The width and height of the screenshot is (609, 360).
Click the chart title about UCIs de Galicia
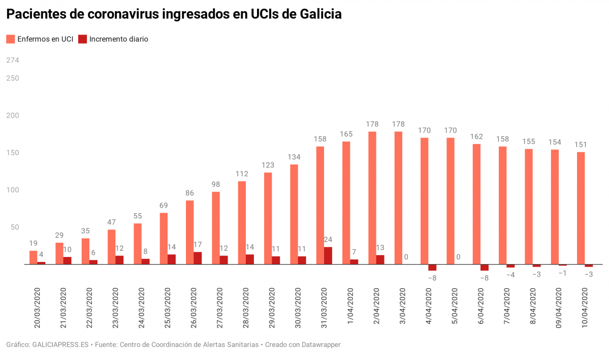coord(174,14)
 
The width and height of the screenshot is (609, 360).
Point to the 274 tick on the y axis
coord(13,60)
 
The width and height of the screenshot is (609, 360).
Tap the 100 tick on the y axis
coord(13,190)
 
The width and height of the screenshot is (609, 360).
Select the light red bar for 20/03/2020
coord(34,257)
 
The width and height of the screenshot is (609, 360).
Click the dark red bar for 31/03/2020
coord(328,255)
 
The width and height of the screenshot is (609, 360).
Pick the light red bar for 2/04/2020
coord(372,198)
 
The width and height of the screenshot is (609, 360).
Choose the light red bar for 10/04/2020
coord(581,208)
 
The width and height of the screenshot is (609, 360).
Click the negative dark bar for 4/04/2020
coord(432,268)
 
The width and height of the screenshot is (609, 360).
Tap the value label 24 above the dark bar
coord(328,240)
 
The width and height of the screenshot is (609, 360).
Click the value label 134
coord(294,157)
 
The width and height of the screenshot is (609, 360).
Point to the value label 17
coord(198,245)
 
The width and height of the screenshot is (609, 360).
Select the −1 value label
coord(563,273)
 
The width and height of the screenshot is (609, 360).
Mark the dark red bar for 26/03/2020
coord(198,258)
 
